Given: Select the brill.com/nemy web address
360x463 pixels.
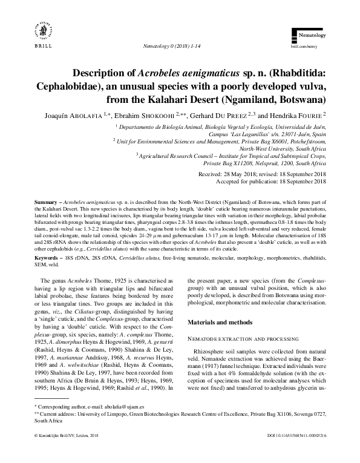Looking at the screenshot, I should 306,46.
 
